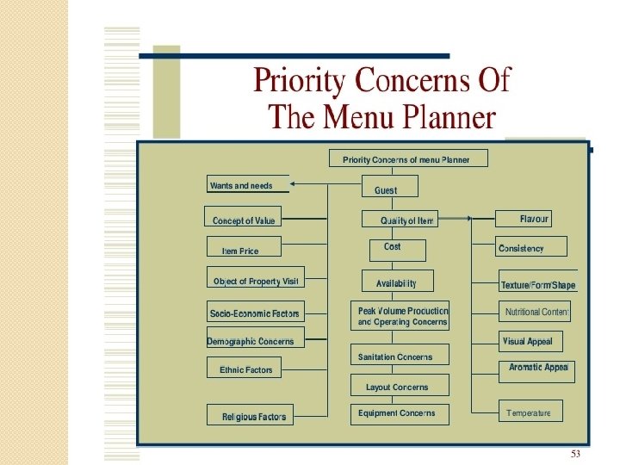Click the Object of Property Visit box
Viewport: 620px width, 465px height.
tap(255, 280)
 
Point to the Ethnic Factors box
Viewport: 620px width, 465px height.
tap(245, 369)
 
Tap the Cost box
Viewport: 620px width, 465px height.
tap(392, 248)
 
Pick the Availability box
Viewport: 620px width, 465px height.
tap(396, 282)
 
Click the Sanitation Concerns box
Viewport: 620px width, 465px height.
tap(395, 356)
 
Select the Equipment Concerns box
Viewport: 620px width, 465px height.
tap(396, 413)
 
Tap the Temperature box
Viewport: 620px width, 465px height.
tap(530, 412)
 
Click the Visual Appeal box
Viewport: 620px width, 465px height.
tap(530, 341)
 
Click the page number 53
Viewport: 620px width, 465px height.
tap(576, 454)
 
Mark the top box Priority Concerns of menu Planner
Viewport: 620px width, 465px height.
tap(408, 158)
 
